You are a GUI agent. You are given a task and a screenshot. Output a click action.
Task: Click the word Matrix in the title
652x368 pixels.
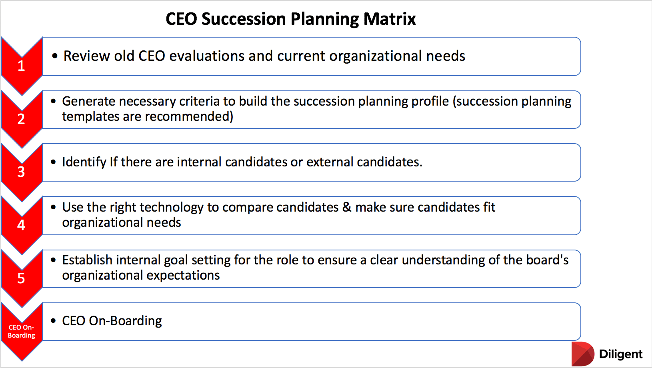(390, 19)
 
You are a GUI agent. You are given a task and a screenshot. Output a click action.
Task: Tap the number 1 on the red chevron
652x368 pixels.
(21, 66)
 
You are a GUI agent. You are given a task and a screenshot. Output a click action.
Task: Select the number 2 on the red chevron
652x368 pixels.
(21, 119)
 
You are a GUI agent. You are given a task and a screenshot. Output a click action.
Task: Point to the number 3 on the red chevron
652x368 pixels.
(21, 172)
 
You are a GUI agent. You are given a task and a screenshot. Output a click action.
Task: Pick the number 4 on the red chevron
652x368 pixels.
(21, 225)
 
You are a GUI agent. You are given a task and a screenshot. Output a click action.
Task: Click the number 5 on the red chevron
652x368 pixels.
(21, 278)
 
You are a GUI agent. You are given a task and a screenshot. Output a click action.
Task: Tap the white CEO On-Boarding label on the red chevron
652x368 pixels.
(22, 331)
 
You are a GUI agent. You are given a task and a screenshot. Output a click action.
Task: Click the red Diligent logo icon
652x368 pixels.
(583, 354)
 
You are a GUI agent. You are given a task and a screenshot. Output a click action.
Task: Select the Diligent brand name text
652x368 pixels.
(620, 354)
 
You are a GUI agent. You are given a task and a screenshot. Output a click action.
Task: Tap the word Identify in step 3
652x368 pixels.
(84, 162)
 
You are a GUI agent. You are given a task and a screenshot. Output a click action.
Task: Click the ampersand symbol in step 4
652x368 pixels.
(347, 207)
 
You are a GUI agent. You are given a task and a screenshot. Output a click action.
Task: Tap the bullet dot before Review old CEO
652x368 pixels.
(55, 56)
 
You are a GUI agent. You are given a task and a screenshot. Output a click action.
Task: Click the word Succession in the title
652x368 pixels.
(244, 19)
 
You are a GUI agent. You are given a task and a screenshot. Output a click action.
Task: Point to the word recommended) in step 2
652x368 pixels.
(189, 117)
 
